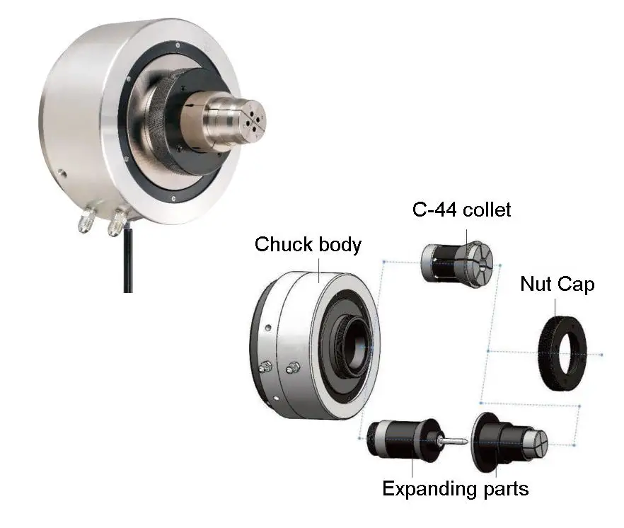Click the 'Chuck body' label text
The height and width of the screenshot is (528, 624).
308,245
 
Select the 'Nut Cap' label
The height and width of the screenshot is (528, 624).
557,285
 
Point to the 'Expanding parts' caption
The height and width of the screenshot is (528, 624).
455,488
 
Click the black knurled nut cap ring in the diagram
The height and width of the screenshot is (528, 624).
565,352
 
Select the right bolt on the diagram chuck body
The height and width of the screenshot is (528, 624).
292,367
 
